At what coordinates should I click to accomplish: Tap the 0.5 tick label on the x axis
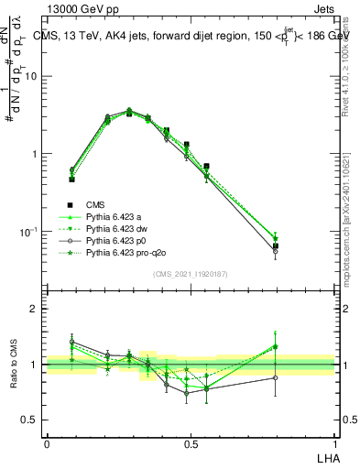(x=191, y=444)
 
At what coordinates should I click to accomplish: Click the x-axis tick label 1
(x=334, y=444)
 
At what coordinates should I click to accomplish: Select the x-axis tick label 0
(x=47, y=444)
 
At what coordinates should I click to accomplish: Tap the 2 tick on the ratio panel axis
(x=34, y=309)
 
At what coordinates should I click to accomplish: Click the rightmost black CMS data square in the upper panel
(x=276, y=245)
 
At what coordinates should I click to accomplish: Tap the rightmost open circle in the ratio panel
(x=276, y=376)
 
